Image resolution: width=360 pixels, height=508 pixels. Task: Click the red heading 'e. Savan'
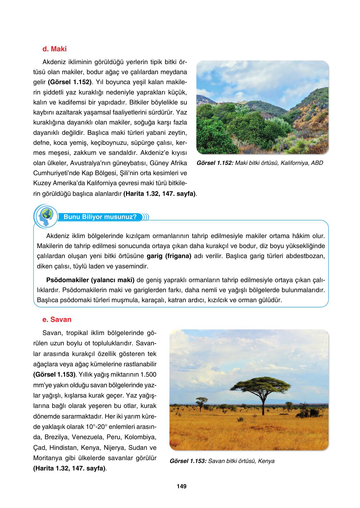[x=57, y=320]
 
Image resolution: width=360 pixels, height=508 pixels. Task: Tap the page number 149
[x=181, y=486]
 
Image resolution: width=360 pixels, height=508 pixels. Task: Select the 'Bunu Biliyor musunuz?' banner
[x=100, y=217]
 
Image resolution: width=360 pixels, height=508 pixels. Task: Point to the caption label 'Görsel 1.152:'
[x=215, y=163]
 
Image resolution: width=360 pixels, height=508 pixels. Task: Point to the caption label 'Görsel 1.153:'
[x=188, y=461]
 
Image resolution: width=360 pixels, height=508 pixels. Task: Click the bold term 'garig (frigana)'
[x=169, y=256]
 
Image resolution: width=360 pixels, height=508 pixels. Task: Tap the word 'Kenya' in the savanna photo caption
[x=267, y=461]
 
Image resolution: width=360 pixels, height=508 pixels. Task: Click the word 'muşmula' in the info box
[x=125, y=300]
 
